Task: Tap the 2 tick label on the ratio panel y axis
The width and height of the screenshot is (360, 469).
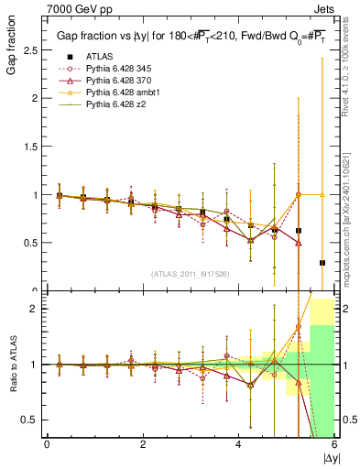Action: pyautogui.click(x=35, y=309)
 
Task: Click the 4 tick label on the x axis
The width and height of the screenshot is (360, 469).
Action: pyautogui.click(x=239, y=444)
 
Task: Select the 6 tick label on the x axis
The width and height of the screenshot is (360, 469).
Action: pyautogui.click(x=334, y=444)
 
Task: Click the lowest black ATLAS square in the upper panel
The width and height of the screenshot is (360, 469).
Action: pyautogui.click(x=322, y=263)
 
